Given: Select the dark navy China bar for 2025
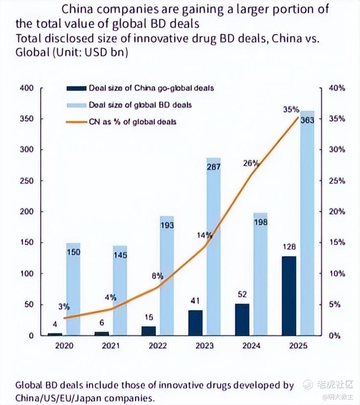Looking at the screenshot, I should tap(289, 295).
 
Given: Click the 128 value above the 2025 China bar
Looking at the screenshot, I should tap(289, 247).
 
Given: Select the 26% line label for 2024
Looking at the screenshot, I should tap(250, 163).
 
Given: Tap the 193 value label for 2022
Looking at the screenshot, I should tap(167, 225).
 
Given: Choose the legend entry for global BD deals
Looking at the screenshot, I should tap(140, 105).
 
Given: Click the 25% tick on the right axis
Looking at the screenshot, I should tap(337, 181).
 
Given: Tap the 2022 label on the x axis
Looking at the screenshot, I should tap(158, 346).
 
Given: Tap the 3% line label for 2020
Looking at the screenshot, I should tap(64, 307).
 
